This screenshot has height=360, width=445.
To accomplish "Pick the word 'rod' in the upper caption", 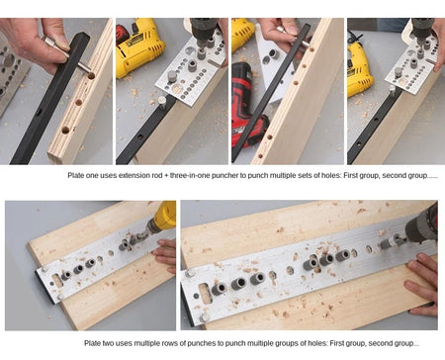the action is (x=157, y=175).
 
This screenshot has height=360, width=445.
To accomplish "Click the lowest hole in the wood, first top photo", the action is (x=65, y=130).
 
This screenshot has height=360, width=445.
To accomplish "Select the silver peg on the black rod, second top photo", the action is (x=162, y=100).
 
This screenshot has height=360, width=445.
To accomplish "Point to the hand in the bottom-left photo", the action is (x=165, y=255).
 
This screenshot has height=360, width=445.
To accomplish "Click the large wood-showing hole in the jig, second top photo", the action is (x=177, y=88).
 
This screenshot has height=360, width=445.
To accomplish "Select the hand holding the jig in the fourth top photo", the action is (x=439, y=46).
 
